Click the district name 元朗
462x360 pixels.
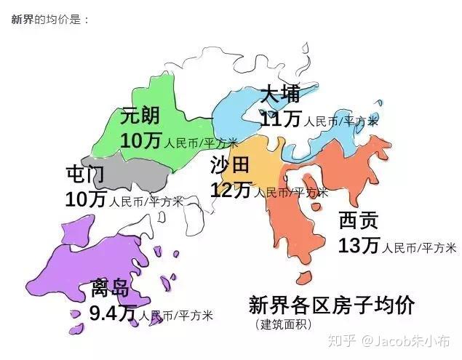(140, 116)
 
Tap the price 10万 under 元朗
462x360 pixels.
(142, 140)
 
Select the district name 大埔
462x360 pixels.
(279, 95)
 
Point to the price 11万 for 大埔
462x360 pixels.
(281, 119)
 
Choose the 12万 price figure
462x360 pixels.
(231, 190)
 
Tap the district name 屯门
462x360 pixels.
(84, 175)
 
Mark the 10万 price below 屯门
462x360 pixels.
(86, 199)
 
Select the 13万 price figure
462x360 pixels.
(359, 246)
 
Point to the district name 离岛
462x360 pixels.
(109, 289)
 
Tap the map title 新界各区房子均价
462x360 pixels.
(331, 305)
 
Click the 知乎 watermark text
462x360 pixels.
(343, 340)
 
